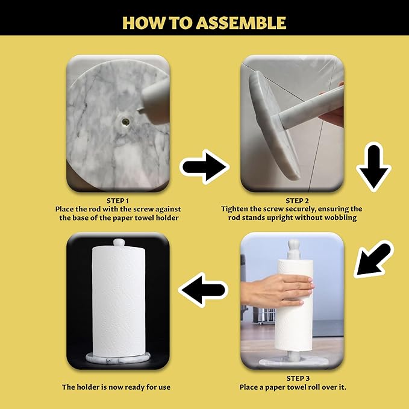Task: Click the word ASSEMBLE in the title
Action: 241,23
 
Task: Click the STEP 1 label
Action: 117,201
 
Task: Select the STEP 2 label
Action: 297,201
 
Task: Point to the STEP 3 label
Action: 298,378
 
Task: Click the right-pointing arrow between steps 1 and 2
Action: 204,167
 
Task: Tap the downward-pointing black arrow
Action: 374,167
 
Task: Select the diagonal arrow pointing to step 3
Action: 373,259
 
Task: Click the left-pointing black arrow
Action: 203,290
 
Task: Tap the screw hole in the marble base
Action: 125,121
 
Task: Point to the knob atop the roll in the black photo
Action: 119,242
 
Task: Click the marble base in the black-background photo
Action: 118,358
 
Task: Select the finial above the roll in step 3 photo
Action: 293,249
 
